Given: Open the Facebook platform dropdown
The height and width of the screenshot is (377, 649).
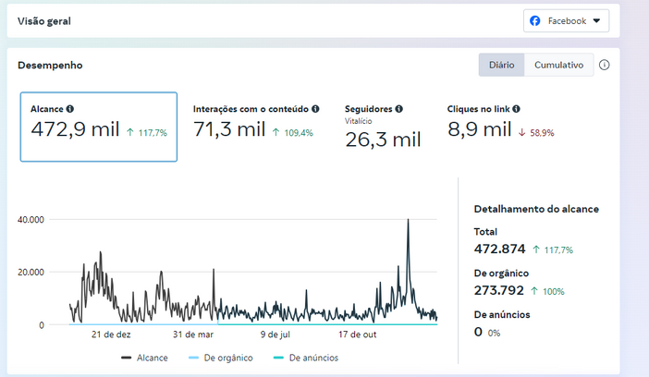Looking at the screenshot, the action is [x=566, y=20].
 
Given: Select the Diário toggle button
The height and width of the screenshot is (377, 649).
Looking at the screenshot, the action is [x=502, y=65].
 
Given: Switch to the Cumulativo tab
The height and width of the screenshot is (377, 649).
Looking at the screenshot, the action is [x=558, y=65].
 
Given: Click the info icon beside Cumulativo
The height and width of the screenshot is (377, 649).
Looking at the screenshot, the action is [x=605, y=65].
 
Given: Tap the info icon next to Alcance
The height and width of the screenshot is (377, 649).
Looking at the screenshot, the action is [x=70, y=109].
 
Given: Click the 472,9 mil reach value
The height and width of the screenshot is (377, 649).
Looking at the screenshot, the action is [x=75, y=129].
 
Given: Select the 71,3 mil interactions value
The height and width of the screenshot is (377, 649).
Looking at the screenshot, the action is [x=229, y=129].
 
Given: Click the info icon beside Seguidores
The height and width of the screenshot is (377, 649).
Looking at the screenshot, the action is [x=399, y=109].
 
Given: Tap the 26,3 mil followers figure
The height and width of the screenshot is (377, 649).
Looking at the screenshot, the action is [x=383, y=140].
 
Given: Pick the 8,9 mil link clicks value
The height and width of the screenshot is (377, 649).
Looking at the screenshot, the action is [x=480, y=129].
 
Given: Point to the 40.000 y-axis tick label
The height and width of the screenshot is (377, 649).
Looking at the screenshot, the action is [x=31, y=220].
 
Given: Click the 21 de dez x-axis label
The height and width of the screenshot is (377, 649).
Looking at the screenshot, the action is [x=111, y=334].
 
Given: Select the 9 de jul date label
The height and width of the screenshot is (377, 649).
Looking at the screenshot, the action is [x=276, y=334].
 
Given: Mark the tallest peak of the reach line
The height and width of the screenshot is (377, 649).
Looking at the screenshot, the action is [x=408, y=220].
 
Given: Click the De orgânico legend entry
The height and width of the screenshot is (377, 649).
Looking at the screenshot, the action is [x=221, y=358].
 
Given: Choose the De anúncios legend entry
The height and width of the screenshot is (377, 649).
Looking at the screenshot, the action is [x=306, y=358].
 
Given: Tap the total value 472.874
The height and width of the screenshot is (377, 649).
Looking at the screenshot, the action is [x=499, y=249].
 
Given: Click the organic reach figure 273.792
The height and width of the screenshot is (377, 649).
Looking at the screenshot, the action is [x=498, y=290].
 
